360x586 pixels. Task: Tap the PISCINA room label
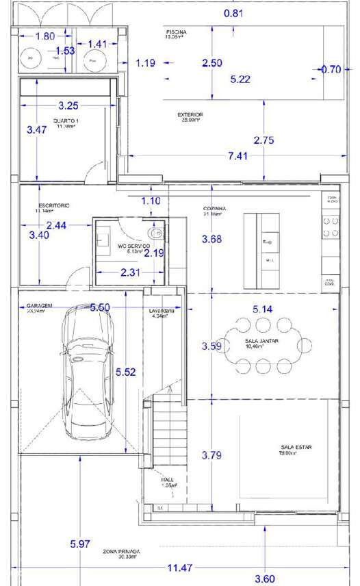pyautogui.click(x=176, y=33)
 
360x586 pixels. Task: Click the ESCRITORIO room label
pyautogui.click(x=54, y=205)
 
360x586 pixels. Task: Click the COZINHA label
pyautogui.click(x=214, y=209)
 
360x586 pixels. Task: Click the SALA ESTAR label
pyautogui.click(x=296, y=447)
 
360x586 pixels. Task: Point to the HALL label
pyautogui.click(x=168, y=480)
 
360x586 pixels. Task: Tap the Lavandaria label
pyautogui.click(x=163, y=311)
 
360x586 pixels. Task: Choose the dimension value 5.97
pyautogui.click(x=80, y=544)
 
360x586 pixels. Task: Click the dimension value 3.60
pyautogui.click(x=265, y=579)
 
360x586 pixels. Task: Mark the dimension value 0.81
pyautogui.click(x=233, y=13)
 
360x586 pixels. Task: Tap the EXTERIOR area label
pyautogui.click(x=190, y=115)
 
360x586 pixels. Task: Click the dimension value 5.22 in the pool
pyautogui.click(x=240, y=79)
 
